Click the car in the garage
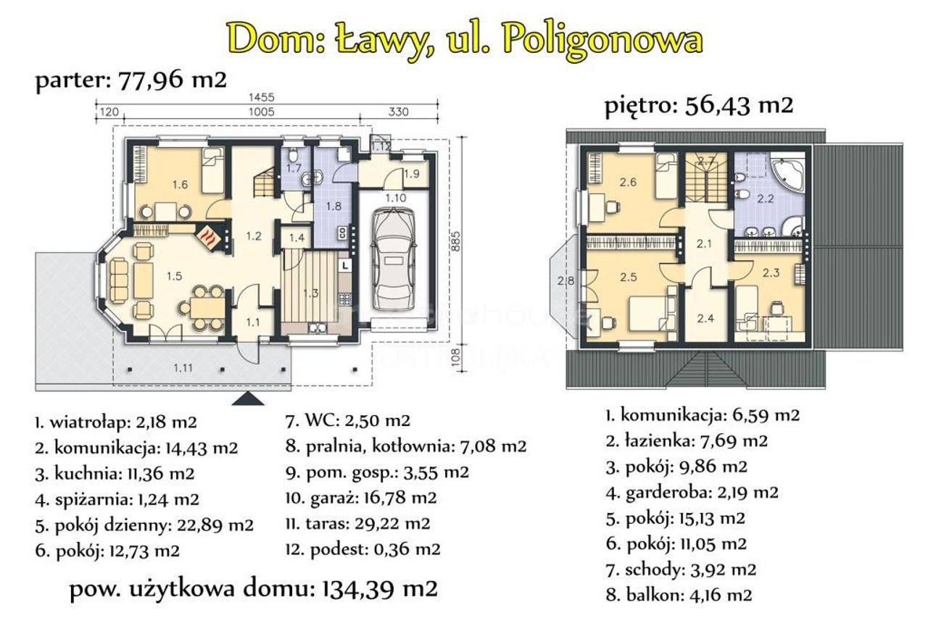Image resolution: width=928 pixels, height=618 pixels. pos(393,259)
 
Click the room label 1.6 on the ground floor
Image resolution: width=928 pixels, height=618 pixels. pos(181,184)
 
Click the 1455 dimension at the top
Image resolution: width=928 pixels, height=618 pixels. pos(262,97)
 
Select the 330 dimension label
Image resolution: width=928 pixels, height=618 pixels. pos(398,112)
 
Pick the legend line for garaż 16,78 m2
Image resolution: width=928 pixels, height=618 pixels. pos(361,497)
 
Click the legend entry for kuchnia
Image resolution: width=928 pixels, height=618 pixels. pos(115,474)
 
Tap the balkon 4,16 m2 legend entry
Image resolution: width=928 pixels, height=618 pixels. pos(679,595)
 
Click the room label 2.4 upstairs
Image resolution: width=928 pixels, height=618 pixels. pos(705,318)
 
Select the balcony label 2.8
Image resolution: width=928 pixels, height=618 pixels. pos(566,281)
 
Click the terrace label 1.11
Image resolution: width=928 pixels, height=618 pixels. pos(183,367)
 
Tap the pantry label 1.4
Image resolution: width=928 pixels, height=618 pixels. pos(297,238)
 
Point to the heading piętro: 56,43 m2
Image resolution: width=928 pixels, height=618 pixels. pos(698,106)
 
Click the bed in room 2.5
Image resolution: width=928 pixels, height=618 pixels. pos(652,313)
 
